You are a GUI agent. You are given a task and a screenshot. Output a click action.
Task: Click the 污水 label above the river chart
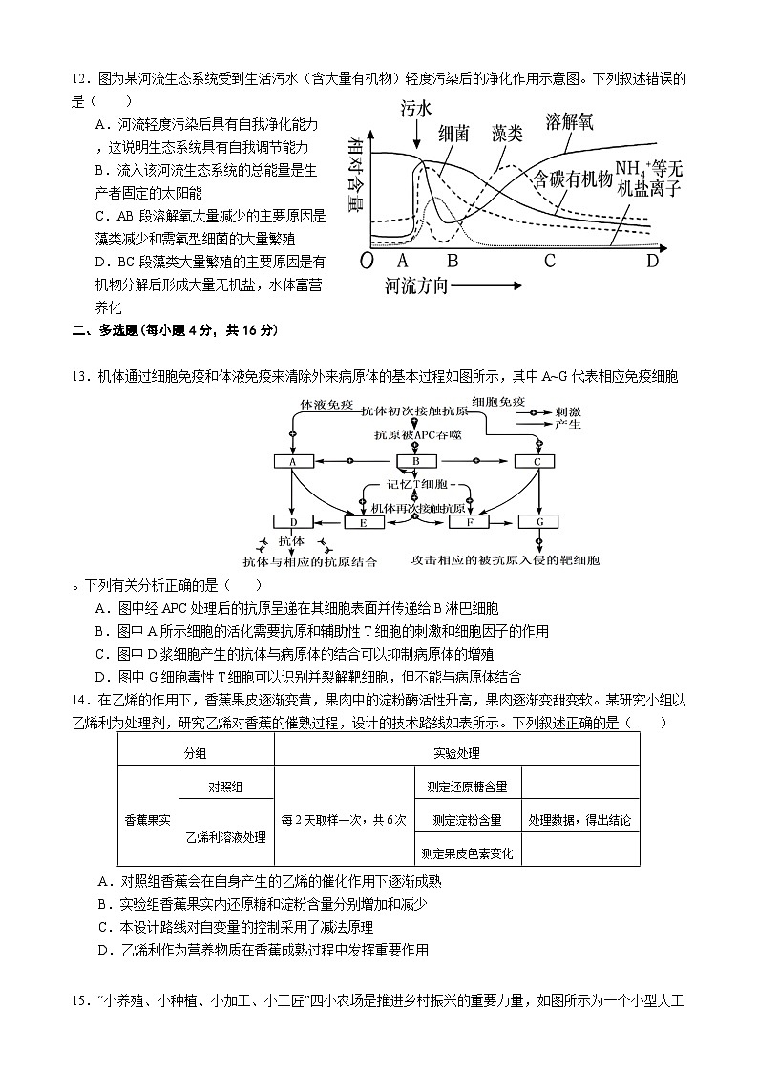[417, 110]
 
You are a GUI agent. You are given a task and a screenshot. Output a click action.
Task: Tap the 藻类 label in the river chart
[500, 134]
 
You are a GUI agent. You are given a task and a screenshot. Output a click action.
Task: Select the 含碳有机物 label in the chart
[572, 179]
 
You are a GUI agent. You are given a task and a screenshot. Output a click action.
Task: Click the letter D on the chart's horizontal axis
[652, 261]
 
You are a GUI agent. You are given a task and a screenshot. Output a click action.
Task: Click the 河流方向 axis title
[417, 285]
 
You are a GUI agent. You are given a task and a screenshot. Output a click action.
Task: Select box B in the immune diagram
[415, 462]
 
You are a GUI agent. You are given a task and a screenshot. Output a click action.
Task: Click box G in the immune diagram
[539, 522]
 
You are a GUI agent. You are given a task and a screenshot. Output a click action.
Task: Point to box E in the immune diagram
[363, 522]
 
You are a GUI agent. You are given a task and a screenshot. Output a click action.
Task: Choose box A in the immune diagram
[294, 462]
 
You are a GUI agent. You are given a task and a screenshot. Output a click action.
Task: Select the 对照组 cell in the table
[225, 787]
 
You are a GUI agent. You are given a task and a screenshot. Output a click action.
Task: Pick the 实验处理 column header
[456, 753]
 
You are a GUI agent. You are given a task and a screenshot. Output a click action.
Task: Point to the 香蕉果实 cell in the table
[148, 820]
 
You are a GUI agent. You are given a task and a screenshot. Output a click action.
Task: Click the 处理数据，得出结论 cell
[579, 820]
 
